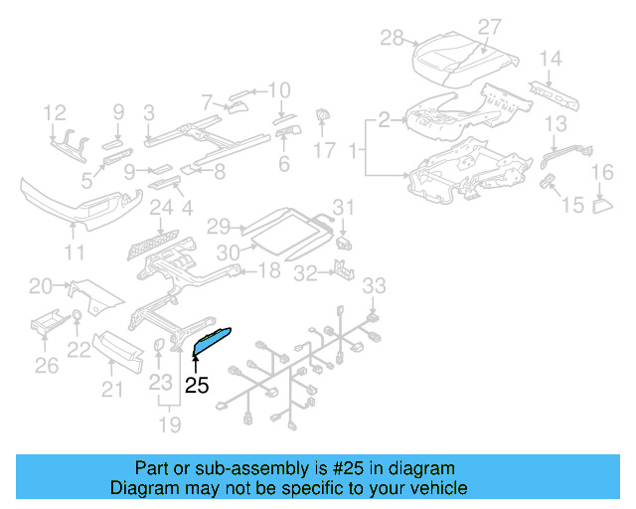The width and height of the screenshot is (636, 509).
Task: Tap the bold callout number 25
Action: (197, 385)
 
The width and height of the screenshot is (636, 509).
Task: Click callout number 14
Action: (551, 58)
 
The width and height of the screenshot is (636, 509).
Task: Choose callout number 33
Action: (372, 287)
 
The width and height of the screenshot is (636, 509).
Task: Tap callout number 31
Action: (342, 208)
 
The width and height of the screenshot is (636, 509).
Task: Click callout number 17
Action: (325, 151)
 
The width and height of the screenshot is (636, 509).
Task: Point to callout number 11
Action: (74, 253)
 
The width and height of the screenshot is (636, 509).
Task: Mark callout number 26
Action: (47, 367)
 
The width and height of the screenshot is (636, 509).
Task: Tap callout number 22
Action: (79, 350)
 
